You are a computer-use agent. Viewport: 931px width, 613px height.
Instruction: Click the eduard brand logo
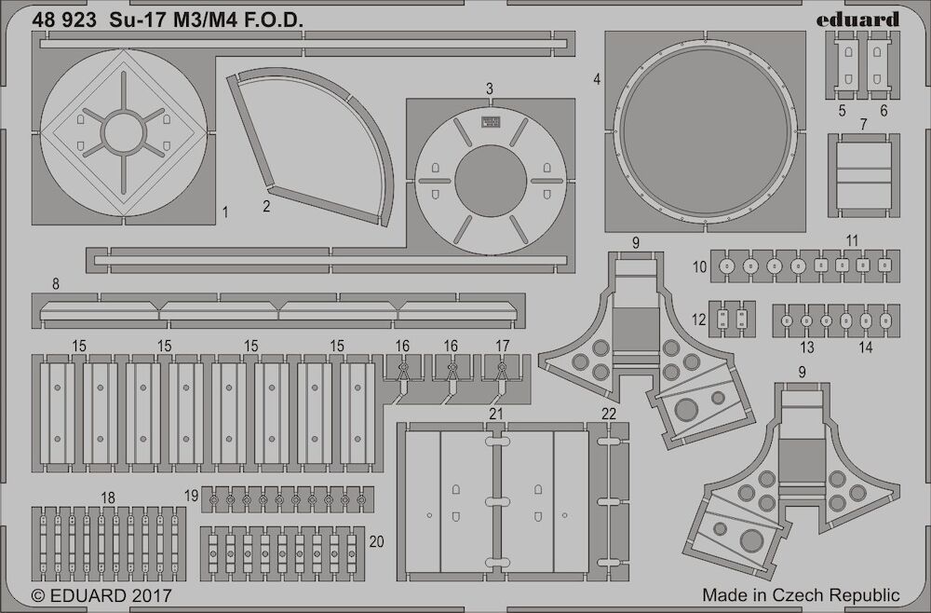point(857,20)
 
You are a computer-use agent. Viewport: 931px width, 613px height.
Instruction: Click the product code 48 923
point(64,20)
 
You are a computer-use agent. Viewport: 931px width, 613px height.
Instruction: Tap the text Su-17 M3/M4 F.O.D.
point(206,20)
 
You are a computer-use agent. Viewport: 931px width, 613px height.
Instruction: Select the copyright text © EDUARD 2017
point(101,595)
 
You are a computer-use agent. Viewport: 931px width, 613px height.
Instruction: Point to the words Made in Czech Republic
point(801,594)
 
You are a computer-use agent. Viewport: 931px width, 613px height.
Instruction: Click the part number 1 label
point(225,212)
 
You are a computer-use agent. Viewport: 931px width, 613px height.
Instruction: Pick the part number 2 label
point(266,206)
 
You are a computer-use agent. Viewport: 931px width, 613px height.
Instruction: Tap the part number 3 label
point(489,89)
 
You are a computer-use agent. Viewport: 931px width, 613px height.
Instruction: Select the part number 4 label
point(597,79)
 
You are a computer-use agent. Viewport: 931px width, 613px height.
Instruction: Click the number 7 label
point(863,124)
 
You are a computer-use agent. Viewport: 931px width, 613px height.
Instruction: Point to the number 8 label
point(56,284)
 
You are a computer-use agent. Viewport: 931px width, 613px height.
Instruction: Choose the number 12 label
point(699,320)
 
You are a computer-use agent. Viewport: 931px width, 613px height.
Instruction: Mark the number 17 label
point(503,346)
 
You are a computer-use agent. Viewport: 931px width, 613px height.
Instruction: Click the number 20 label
point(376,541)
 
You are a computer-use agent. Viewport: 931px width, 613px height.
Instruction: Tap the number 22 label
point(609,414)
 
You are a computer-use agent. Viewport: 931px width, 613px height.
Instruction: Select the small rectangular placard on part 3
point(490,122)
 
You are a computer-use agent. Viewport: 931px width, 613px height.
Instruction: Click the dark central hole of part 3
point(491,181)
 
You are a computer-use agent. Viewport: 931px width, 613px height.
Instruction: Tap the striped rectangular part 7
point(863,175)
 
